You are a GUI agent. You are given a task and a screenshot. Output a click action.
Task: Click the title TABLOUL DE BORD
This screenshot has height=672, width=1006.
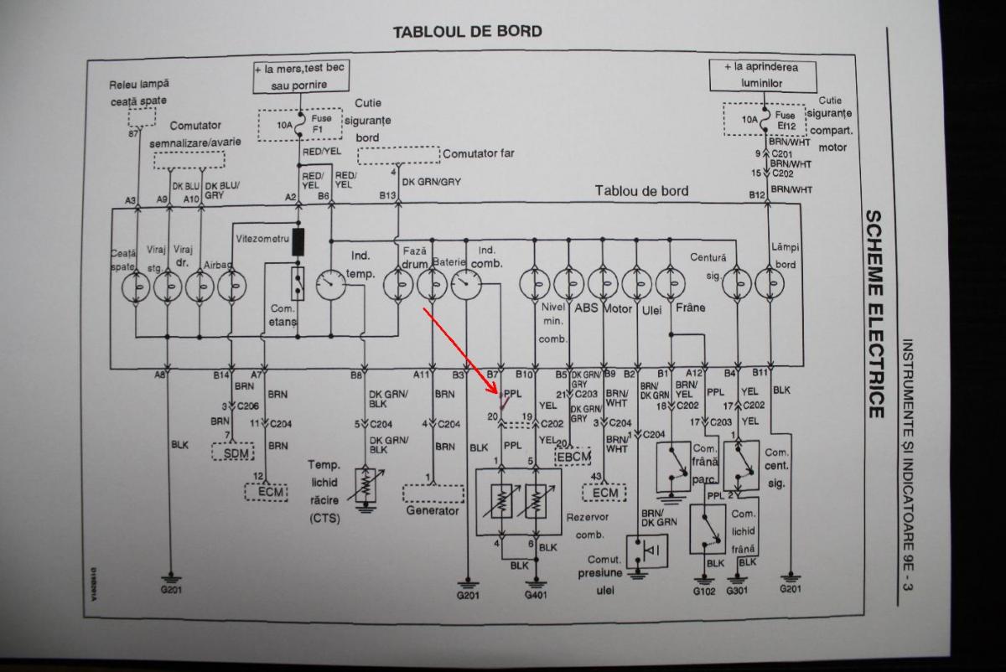(468, 32)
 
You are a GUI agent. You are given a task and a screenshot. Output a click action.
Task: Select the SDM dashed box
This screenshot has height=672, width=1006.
(232, 453)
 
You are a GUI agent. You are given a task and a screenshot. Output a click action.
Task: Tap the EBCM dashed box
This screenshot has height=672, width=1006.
(574, 457)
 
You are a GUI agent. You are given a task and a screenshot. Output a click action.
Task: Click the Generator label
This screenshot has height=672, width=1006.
(433, 510)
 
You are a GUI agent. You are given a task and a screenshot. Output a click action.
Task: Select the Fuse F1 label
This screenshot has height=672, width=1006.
(322, 124)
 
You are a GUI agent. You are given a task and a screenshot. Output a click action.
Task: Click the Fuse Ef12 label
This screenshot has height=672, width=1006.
(786, 120)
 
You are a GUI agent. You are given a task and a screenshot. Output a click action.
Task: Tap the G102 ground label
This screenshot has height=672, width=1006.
(703, 590)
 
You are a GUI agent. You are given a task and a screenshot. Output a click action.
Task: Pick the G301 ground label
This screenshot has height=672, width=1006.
(737, 590)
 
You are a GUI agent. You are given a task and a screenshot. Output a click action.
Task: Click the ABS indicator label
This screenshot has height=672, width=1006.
(586, 308)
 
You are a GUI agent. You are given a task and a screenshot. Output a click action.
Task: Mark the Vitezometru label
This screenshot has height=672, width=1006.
(262, 239)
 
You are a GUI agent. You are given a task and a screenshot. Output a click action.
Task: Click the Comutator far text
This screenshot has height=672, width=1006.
(479, 153)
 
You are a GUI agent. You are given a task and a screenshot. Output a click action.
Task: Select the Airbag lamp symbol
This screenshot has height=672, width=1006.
(231, 287)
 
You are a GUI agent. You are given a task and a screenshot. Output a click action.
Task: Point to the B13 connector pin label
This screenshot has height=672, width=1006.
(387, 195)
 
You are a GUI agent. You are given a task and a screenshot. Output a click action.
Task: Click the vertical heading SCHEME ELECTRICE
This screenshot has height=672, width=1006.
(874, 314)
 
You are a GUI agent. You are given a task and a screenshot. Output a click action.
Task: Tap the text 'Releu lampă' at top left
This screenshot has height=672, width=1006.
(139, 84)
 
